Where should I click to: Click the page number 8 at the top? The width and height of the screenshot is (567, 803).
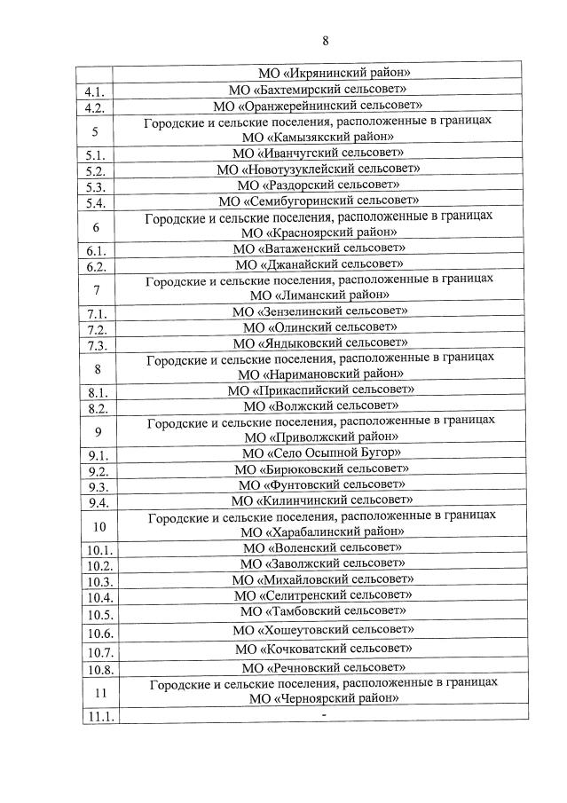(326, 41)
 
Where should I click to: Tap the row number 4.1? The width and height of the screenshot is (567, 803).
(95, 91)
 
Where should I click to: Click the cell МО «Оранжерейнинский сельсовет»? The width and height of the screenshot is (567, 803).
(318, 106)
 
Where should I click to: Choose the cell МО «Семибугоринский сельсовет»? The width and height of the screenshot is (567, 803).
(318, 201)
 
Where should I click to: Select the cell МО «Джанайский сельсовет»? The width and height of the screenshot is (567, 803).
(319, 264)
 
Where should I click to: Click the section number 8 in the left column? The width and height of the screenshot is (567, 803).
(97, 368)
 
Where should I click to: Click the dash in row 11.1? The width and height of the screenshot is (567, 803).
(325, 714)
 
